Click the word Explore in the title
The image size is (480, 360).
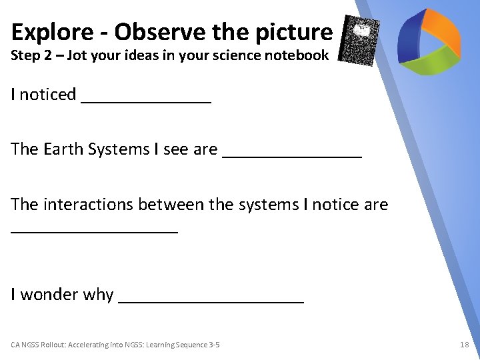(50, 31)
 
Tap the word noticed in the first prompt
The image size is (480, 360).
(48, 95)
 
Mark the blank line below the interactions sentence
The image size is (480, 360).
(95, 230)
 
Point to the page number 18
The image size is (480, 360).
(465, 345)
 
